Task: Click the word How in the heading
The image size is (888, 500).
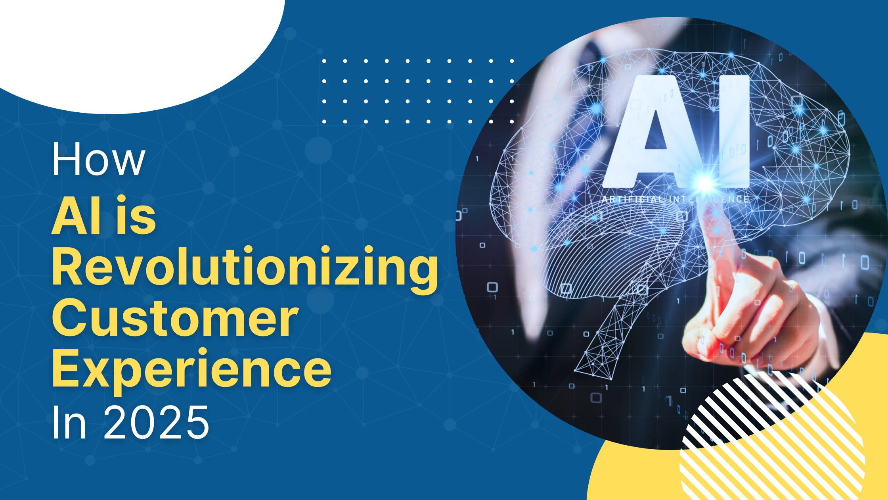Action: [98, 159]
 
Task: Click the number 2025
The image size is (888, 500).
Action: [156, 423]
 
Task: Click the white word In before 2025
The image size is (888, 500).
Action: [69, 423]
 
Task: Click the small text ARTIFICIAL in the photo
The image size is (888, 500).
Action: [632, 199]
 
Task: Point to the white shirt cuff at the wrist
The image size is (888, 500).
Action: [825, 329]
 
